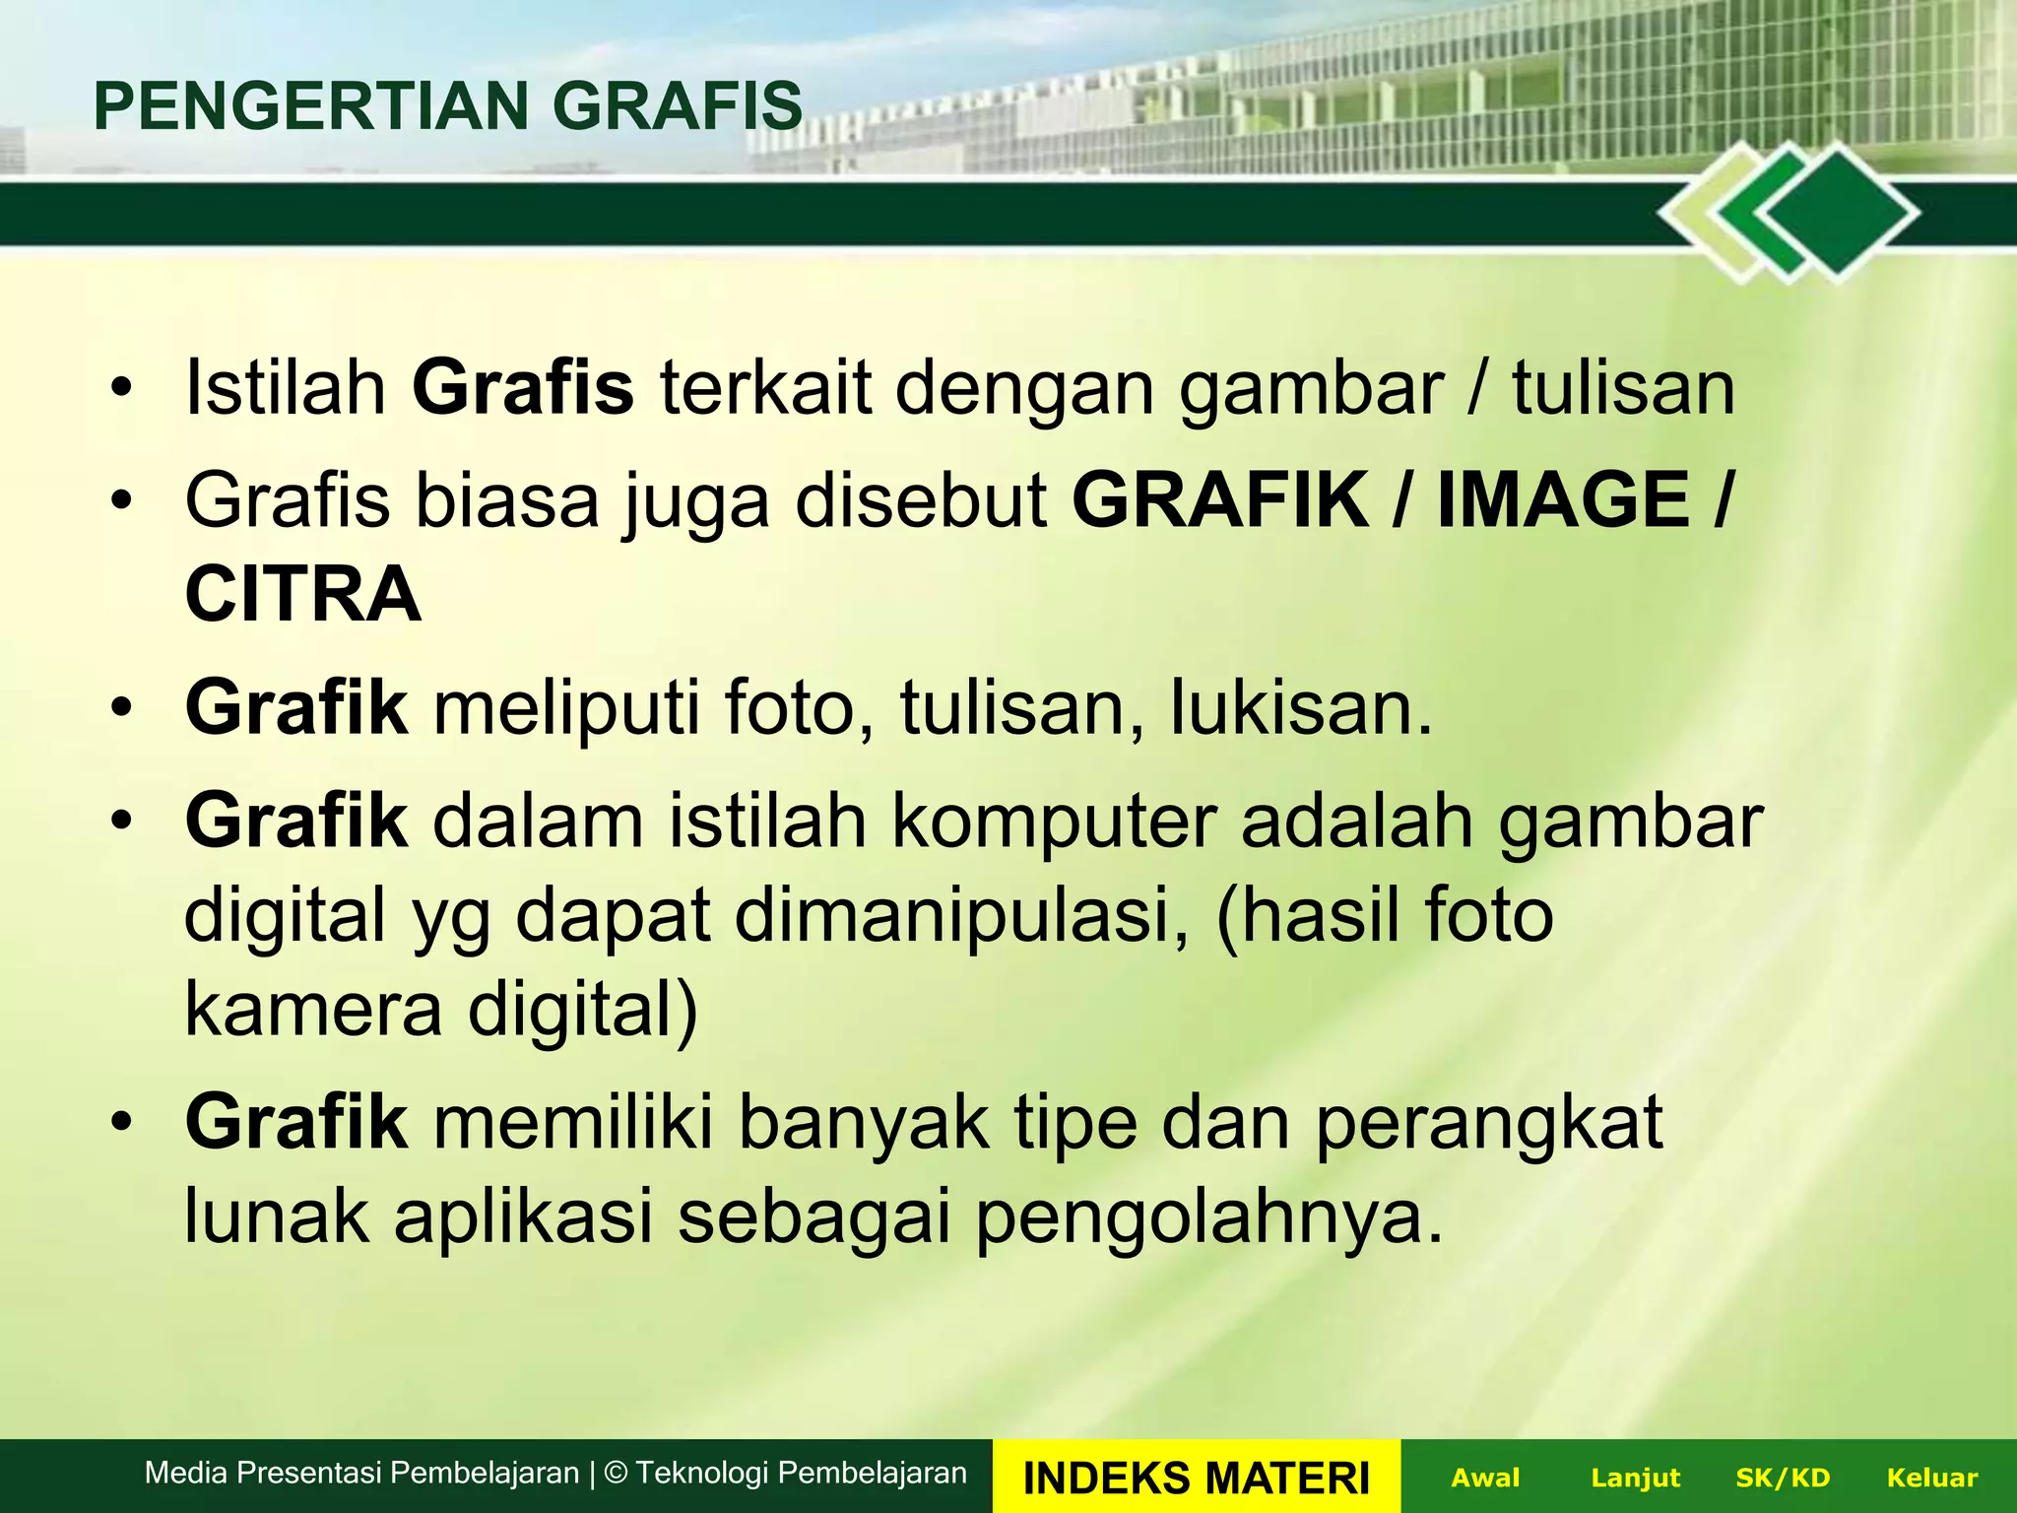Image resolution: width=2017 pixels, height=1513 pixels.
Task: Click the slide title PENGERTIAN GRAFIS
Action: (448, 106)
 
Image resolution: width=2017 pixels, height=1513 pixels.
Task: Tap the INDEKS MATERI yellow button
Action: (1196, 1478)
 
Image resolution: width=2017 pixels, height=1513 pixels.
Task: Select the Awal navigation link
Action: (1485, 1478)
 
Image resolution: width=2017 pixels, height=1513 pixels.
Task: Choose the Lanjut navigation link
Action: (1635, 1478)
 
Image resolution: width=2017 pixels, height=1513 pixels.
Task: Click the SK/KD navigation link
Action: (1782, 1478)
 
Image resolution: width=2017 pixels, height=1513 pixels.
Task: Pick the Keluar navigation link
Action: (1931, 1478)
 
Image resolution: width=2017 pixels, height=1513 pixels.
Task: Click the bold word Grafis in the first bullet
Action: (523, 388)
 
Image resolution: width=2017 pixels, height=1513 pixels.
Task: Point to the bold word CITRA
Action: (303, 595)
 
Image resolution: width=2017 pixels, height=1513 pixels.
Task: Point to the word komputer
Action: (1054, 822)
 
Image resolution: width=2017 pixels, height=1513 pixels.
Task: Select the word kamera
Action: (313, 1011)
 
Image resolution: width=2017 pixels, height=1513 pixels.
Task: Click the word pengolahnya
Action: (1209, 1217)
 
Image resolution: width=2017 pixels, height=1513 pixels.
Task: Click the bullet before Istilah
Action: (120, 388)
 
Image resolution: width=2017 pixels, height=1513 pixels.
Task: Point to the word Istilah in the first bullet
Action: (286, 388)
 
